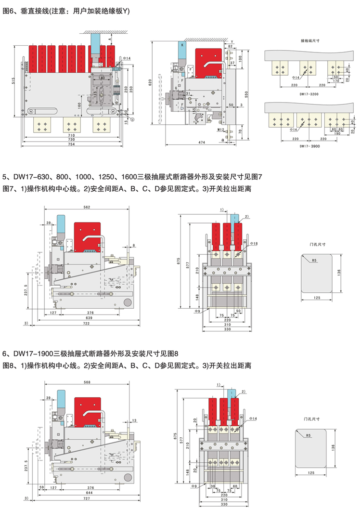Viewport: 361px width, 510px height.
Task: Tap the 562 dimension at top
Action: [x=87, y=208]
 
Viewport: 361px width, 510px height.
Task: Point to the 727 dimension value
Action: [x=87, y=498]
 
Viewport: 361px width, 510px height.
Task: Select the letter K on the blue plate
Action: [x=182, y=45]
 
